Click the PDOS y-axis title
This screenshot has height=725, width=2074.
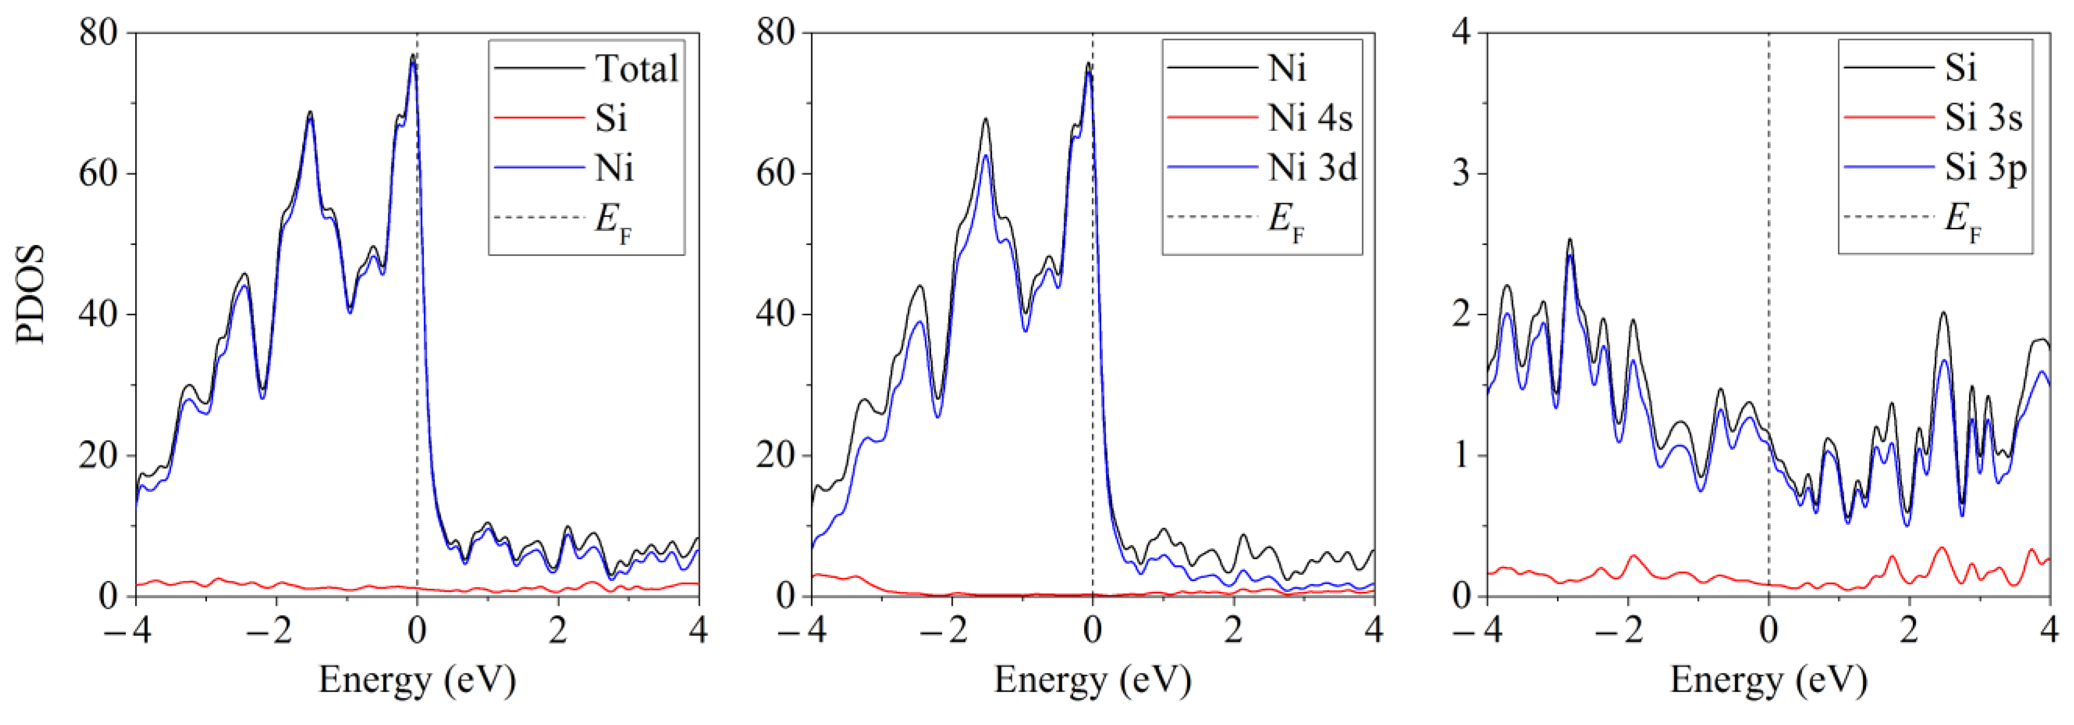click(31, 294)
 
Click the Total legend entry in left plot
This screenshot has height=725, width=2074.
click(636, 69)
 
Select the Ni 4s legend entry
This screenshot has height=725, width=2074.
click(1310, 119)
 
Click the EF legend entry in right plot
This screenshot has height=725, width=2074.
click(1963, 219)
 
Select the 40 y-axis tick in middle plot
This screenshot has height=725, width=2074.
click(775, 314)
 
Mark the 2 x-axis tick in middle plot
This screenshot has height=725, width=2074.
click(1233, 630)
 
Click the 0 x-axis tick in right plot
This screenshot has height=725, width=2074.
click(1768, 630)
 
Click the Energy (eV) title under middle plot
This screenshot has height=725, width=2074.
click(1092, 681)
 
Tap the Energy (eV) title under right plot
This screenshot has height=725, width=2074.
click(1768, 681)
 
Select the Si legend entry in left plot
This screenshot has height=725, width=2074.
click(610, 119)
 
